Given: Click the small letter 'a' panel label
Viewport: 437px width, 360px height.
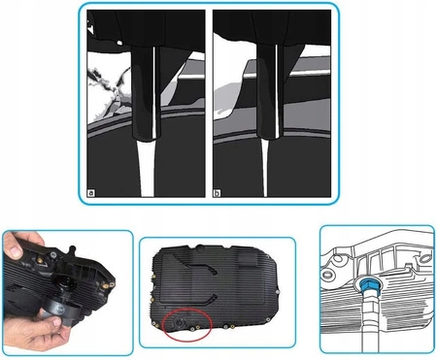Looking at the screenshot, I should coord(91,191).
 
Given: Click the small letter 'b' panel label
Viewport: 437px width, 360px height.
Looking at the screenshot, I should coord(217,191).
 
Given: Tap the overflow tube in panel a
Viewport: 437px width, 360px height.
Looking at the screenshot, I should coord(147,97).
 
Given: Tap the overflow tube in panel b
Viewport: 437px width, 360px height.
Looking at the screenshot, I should coord(271,97).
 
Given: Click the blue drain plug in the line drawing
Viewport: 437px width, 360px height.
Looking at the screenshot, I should coord(370,285).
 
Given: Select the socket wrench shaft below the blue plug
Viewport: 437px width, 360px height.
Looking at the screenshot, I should coord(370,325).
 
